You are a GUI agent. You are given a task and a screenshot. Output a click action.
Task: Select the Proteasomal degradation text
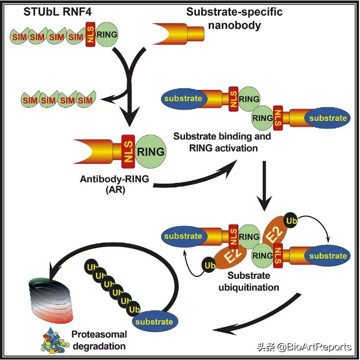pyautogui.click(x=99, y=340)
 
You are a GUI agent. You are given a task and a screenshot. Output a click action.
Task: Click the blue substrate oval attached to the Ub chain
pyautogui.click(x=154, y=321)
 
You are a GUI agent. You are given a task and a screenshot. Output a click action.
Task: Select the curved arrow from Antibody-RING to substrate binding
pyautogui.click(x=195, y=179)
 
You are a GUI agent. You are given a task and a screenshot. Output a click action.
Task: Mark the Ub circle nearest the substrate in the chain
pyautogui.click(x=132, y=309)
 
